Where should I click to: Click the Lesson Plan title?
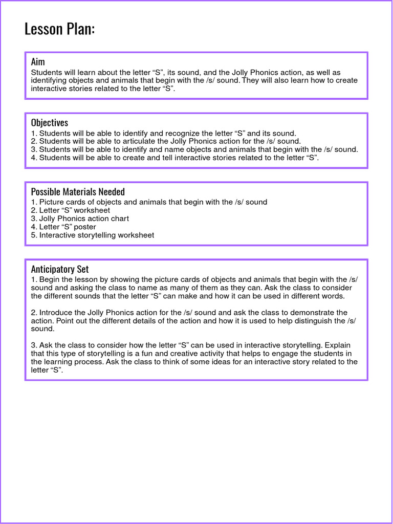(x=59, y=29)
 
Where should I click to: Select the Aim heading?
(x=38, y=62)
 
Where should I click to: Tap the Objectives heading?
(x=50, y=123)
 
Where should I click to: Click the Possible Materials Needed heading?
(x=78, y=192)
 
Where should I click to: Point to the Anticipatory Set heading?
(x=60, y=269)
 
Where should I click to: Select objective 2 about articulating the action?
(x=166, y=141)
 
